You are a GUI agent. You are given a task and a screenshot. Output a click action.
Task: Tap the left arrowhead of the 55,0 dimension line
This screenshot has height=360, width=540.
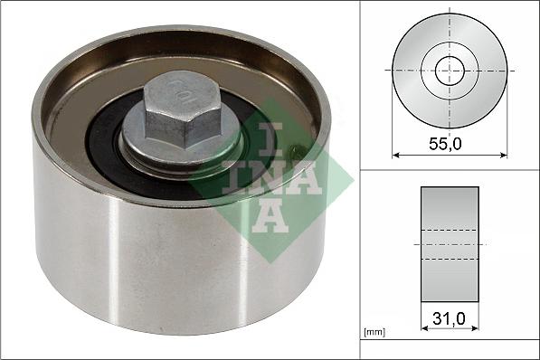pos(395,155)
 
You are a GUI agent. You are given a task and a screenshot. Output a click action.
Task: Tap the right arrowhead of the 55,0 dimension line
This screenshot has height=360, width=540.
pos(504,155)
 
